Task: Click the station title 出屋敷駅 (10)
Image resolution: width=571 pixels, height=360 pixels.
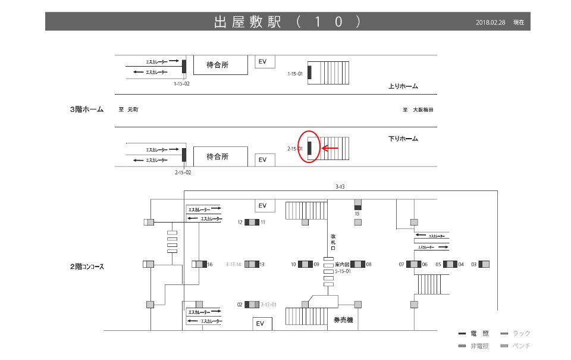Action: point(287,22)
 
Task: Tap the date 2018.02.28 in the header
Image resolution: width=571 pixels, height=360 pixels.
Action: point(491,23)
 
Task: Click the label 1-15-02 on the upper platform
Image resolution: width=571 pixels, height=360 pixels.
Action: point(182,84)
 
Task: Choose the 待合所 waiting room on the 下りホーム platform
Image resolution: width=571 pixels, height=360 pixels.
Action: point(217,157)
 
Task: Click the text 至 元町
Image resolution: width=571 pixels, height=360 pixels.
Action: point(128,110)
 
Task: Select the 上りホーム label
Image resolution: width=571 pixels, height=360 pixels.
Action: point(403,87)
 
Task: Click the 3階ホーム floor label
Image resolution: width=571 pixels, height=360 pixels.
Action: point(87,110)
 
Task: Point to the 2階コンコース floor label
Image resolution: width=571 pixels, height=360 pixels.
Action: point(87,267)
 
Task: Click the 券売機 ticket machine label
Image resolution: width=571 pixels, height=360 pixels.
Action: point(343,320)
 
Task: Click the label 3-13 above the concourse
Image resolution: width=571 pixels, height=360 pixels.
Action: point(340,187)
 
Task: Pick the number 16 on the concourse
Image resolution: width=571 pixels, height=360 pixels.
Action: point(210,264)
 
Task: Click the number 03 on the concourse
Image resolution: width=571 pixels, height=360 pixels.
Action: point(474,264)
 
